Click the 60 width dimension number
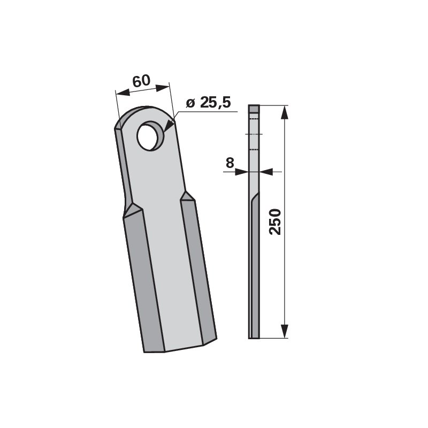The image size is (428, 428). (x=141, y=82)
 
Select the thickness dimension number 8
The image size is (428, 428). (x=230, y=163)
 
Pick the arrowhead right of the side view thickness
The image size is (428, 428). (x=266, y=172)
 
